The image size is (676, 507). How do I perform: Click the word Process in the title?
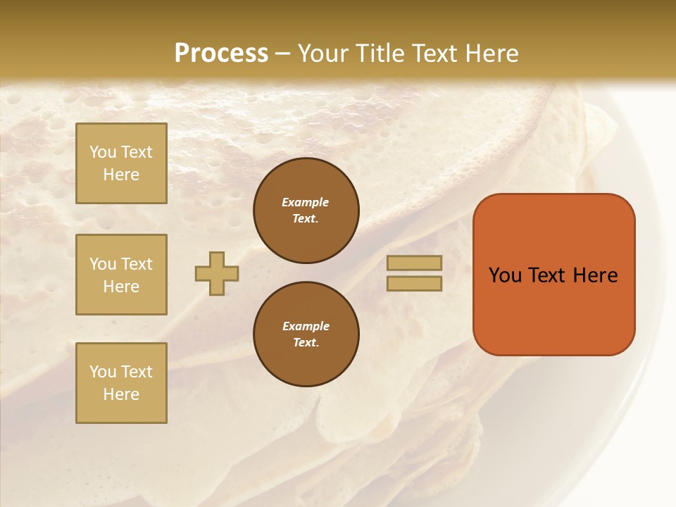(x=221, y=54)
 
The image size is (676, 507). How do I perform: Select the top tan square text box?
(x=121, y=163)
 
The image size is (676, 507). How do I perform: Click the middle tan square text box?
(x=121, y=275)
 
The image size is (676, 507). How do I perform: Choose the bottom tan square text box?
(x=121, y=383)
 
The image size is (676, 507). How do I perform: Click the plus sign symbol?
(x=217, y=273)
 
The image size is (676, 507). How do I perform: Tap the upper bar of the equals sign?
(x=414, y=263)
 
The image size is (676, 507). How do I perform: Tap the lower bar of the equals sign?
(x=414, y=283)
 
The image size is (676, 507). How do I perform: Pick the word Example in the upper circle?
(x=306, y=202)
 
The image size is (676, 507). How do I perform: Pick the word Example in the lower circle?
(x=306, y=326)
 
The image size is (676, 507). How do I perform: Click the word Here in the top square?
(x=121, y=175)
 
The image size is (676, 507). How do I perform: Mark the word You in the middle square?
(x=103, y=264)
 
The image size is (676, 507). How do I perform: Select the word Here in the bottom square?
(x=121, y=394)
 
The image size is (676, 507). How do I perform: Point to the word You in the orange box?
(x=504, y=275)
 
